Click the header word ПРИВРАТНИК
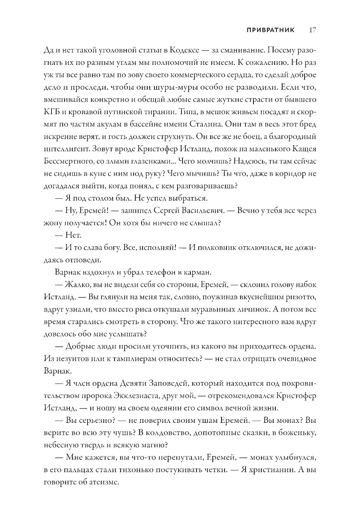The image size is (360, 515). coord(270,30)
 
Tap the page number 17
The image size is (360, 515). coord(312,30)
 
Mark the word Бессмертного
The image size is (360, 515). coord(69,161)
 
